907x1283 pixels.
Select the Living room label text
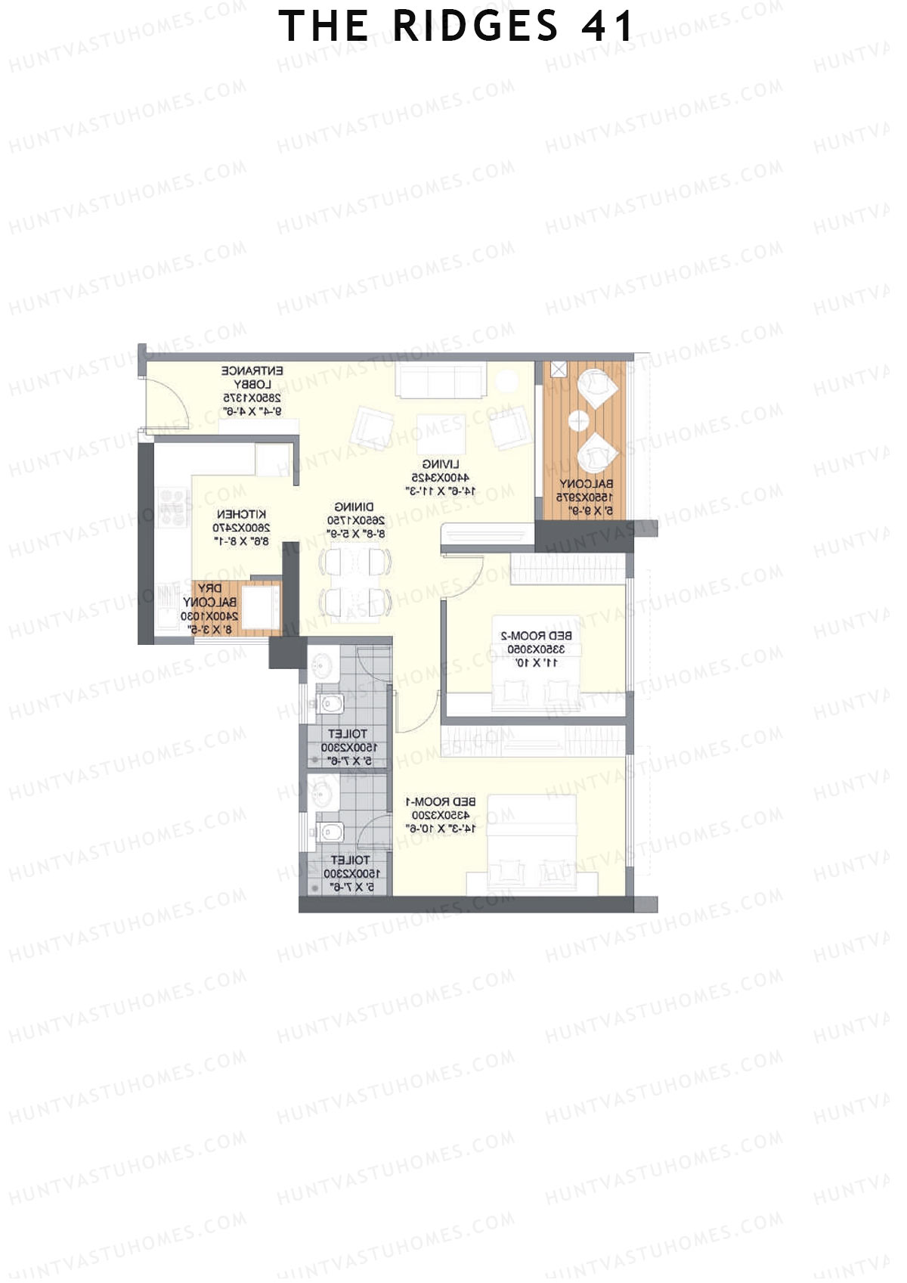tap(441, 463)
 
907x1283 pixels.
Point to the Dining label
tap(354, 507)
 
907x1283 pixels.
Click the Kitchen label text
tap(241, 514)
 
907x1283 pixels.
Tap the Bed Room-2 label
tap(537, 635)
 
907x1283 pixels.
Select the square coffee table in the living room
tap(441, 432)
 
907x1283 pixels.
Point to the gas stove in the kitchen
tap(173, 507)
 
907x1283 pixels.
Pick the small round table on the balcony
tap(580, 420)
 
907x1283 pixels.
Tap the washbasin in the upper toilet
tap(321, 666)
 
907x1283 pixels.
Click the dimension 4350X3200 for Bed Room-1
tap(441, 815)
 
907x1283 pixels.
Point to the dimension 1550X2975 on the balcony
tap(585, 497)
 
